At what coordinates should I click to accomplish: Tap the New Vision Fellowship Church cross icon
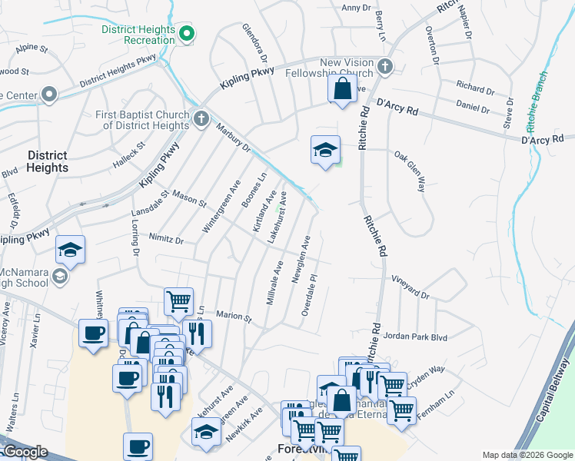pos(385,67)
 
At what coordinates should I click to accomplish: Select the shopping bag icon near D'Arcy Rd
pos(342,88)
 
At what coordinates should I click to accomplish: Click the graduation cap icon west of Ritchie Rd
pos(325,149)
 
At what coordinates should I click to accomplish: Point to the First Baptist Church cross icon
pos(201,119)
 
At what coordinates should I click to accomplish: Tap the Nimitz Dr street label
pos(167,240)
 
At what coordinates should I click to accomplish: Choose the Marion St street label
pos(234,316)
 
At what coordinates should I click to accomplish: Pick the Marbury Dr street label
pos(233,136)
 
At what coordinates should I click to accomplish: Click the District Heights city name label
pos(48,161)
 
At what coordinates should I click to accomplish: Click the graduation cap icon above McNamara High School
pos(70,250)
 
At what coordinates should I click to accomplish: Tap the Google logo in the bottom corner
pos(25,452)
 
